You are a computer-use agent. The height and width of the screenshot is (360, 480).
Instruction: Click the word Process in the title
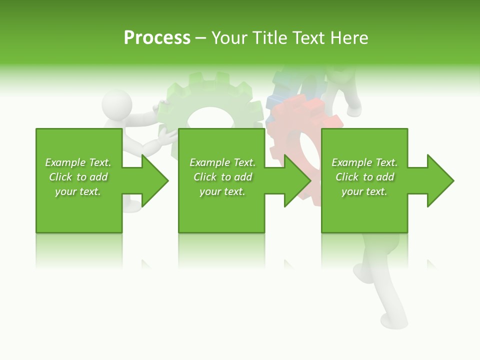point(157,38)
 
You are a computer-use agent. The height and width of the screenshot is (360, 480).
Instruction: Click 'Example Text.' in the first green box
point(78,162)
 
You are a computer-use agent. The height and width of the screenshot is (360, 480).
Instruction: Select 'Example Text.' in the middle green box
point(222,162)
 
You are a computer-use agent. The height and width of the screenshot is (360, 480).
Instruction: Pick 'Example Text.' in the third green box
point(364,162)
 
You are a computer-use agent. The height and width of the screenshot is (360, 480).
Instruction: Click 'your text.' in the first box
point(78,191)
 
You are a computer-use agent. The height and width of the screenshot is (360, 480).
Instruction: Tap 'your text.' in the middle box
point(222,191)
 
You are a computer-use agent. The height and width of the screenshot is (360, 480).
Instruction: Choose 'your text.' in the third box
point(364,191)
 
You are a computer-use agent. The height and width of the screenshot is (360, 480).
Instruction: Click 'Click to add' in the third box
point(364,177)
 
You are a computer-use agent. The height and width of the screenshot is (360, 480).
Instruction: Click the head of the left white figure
point(117,104)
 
